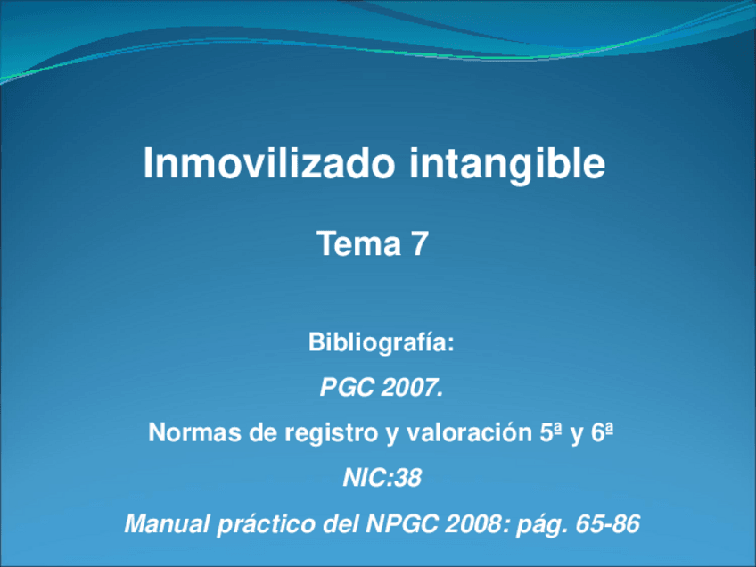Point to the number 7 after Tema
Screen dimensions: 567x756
click(x=419, y=243)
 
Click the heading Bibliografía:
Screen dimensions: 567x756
click(x=381, y=342)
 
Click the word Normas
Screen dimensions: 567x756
click(x=191, y=434)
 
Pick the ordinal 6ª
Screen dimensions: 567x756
click(x=604, y=434)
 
